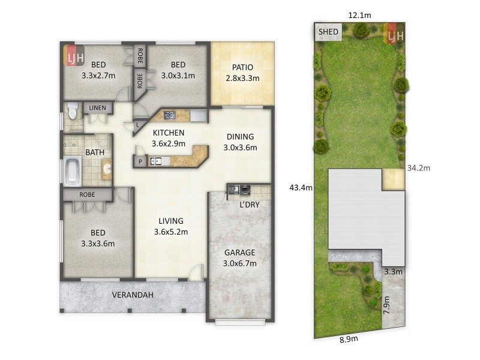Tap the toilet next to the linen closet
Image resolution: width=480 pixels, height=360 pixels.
click(x=73, y=112)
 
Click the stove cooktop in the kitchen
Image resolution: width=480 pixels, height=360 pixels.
click(x=170, y=115)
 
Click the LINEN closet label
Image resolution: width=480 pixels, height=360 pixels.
click(x=97, y=108)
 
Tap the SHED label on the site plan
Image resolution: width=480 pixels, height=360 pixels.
click(x=328, y=31)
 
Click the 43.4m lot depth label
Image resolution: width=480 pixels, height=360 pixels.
click(x=301, y=188)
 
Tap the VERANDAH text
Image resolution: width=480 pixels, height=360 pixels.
click(x=133, y=295)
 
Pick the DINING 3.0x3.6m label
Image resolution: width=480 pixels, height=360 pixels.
click(x=239, y=142)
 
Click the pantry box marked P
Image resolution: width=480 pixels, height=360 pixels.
click(x=140, y=161)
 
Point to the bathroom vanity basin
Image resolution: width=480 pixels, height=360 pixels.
click(x=107, y=169)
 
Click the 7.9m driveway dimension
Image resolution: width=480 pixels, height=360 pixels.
click(x=386, y=305)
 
